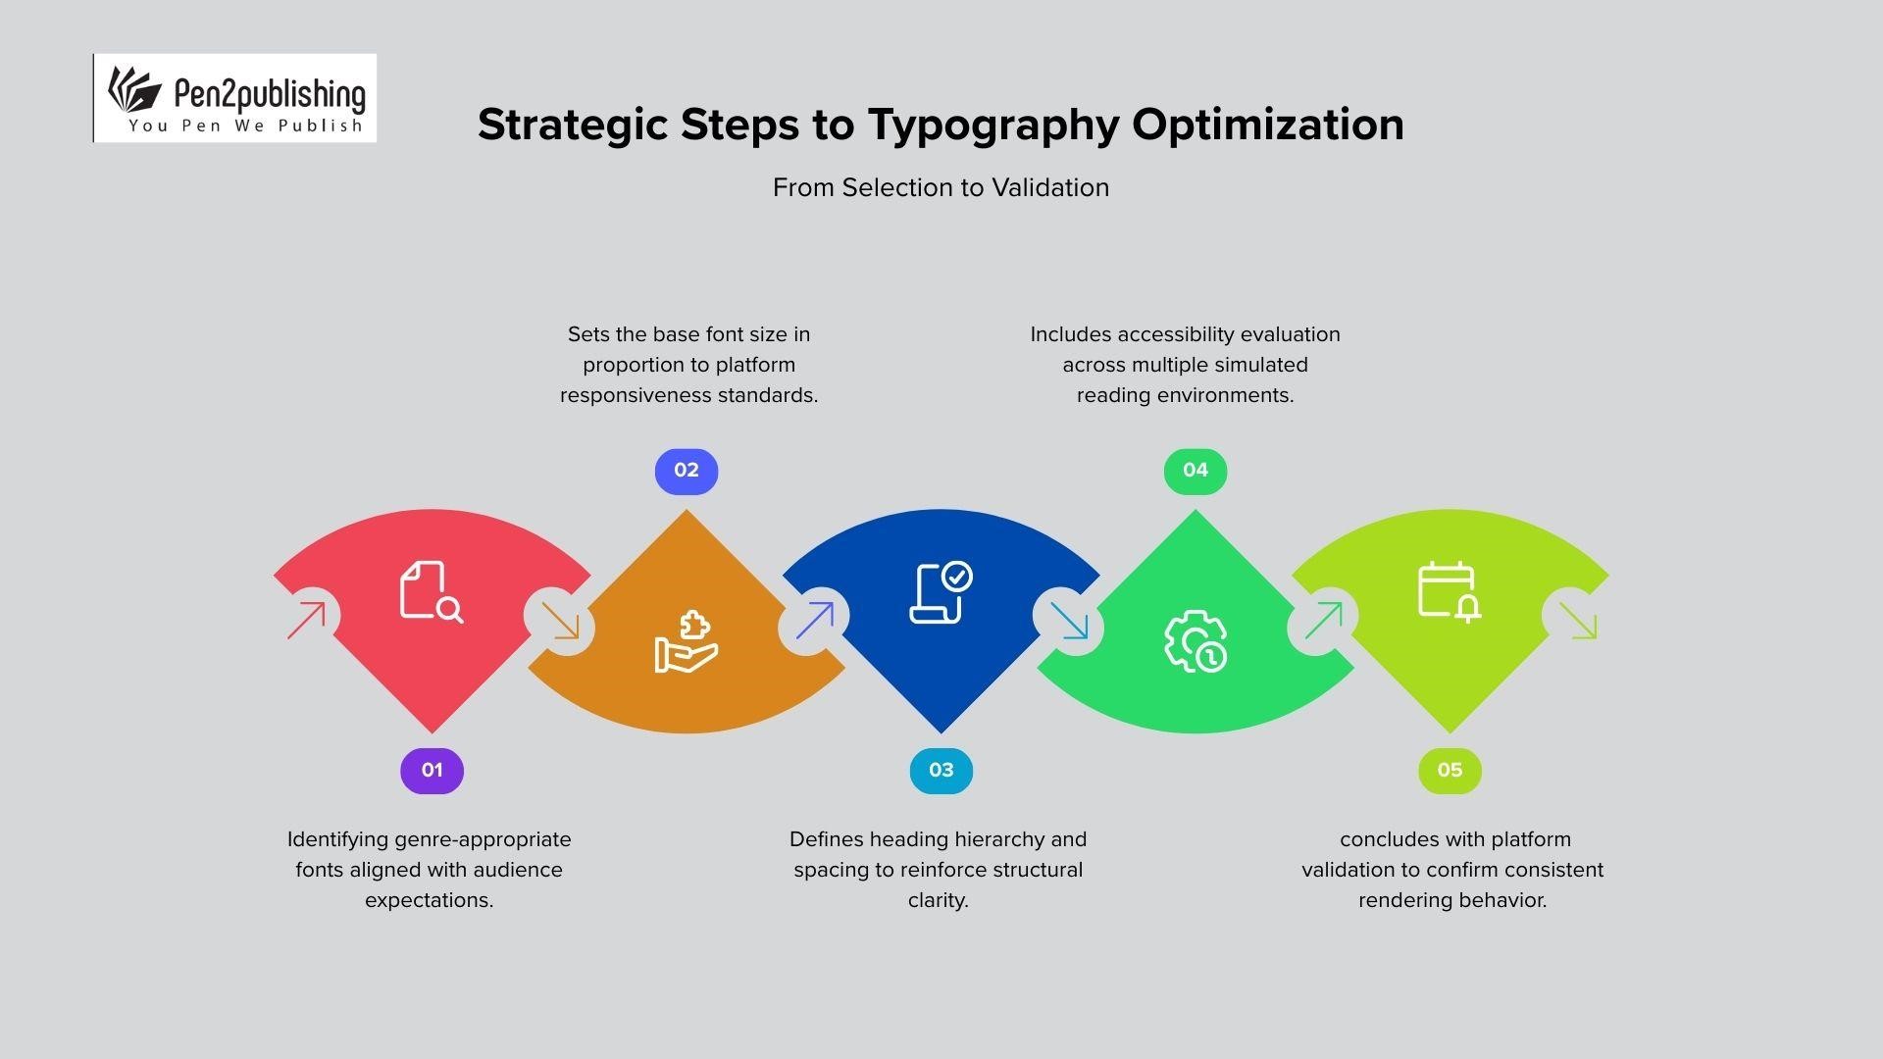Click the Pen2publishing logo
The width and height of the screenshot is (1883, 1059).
[235, 98]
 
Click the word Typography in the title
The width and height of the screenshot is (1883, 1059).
[992, 126]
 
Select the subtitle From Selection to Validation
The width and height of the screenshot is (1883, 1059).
[941, 187]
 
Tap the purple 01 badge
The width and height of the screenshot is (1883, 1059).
[432, 771]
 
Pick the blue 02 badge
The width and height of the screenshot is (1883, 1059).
[687, 471]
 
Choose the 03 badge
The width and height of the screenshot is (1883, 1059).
[941, 771]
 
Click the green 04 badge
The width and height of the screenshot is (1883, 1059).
[1195, 471]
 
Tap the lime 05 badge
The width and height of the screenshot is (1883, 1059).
[1450, 771]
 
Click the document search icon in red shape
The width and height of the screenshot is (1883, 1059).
[431, 591]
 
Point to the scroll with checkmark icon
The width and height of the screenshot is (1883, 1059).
[941, 592]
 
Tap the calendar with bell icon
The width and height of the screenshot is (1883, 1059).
[1450, 591]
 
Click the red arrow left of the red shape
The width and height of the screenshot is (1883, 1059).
[306, 621]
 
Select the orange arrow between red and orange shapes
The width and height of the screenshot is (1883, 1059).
[560, 621]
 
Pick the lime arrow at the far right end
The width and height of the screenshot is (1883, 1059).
[1577, 621]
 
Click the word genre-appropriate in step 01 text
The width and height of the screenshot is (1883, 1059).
[483, 839]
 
